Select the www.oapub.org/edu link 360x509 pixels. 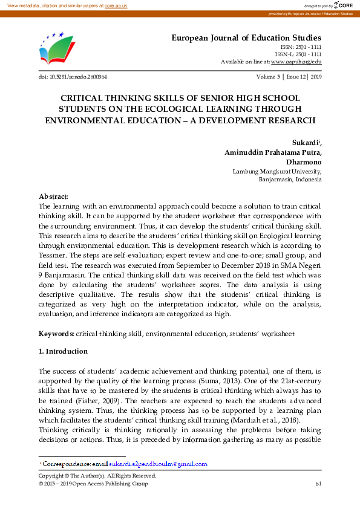pos(296,62)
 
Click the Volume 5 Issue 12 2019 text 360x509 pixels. pos(289,77)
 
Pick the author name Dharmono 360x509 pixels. pos(304,162)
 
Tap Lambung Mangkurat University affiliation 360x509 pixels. pos(277,172)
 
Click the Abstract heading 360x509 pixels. pos(54,196)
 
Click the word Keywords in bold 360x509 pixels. pos(56,334)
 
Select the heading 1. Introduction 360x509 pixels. pos(63,351)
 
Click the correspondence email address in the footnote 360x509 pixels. pos(158,464)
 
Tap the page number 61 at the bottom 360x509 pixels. pos(318,484)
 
